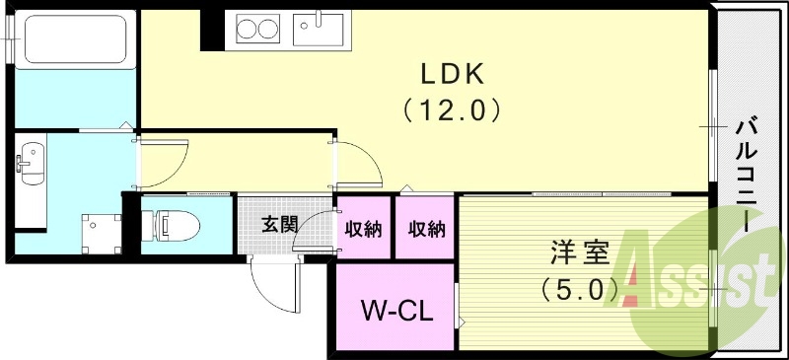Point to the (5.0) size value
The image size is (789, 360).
pyautogui.click(x=580, y=289)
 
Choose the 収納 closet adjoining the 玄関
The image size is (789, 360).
pyautogui.click(x=364, y=229)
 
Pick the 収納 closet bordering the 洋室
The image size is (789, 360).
pyautogui.click(x=426, y=229)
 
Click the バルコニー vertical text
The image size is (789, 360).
pyautogui.click(x=747, y=174)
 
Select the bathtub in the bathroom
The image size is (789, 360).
pyautogui.click(x=73, y=40)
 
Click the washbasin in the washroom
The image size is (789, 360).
pyautogui.click(x=31, y=160)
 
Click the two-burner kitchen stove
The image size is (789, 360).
pyautogui.click(x=259, y=30)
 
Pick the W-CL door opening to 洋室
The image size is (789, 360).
pyautogui.click(x=458, y=308)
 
